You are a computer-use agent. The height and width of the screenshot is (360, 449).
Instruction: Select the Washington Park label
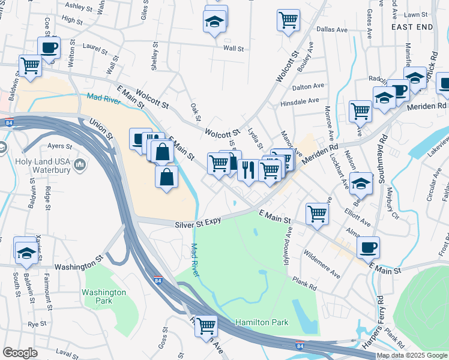(104, 297)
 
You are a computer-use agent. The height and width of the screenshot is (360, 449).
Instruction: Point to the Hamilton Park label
(262, 322)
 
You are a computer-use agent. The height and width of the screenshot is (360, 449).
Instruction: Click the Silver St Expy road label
(198, 224)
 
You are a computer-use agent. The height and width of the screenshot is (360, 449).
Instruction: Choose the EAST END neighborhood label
(412, 28)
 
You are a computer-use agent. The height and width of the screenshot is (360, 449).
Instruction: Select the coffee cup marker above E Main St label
(368, 247)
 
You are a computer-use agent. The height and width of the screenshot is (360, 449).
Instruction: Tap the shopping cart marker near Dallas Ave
(288, 20)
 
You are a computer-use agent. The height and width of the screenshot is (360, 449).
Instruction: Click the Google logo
(20, 353)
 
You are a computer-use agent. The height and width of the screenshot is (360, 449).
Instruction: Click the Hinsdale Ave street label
(301, 101)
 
